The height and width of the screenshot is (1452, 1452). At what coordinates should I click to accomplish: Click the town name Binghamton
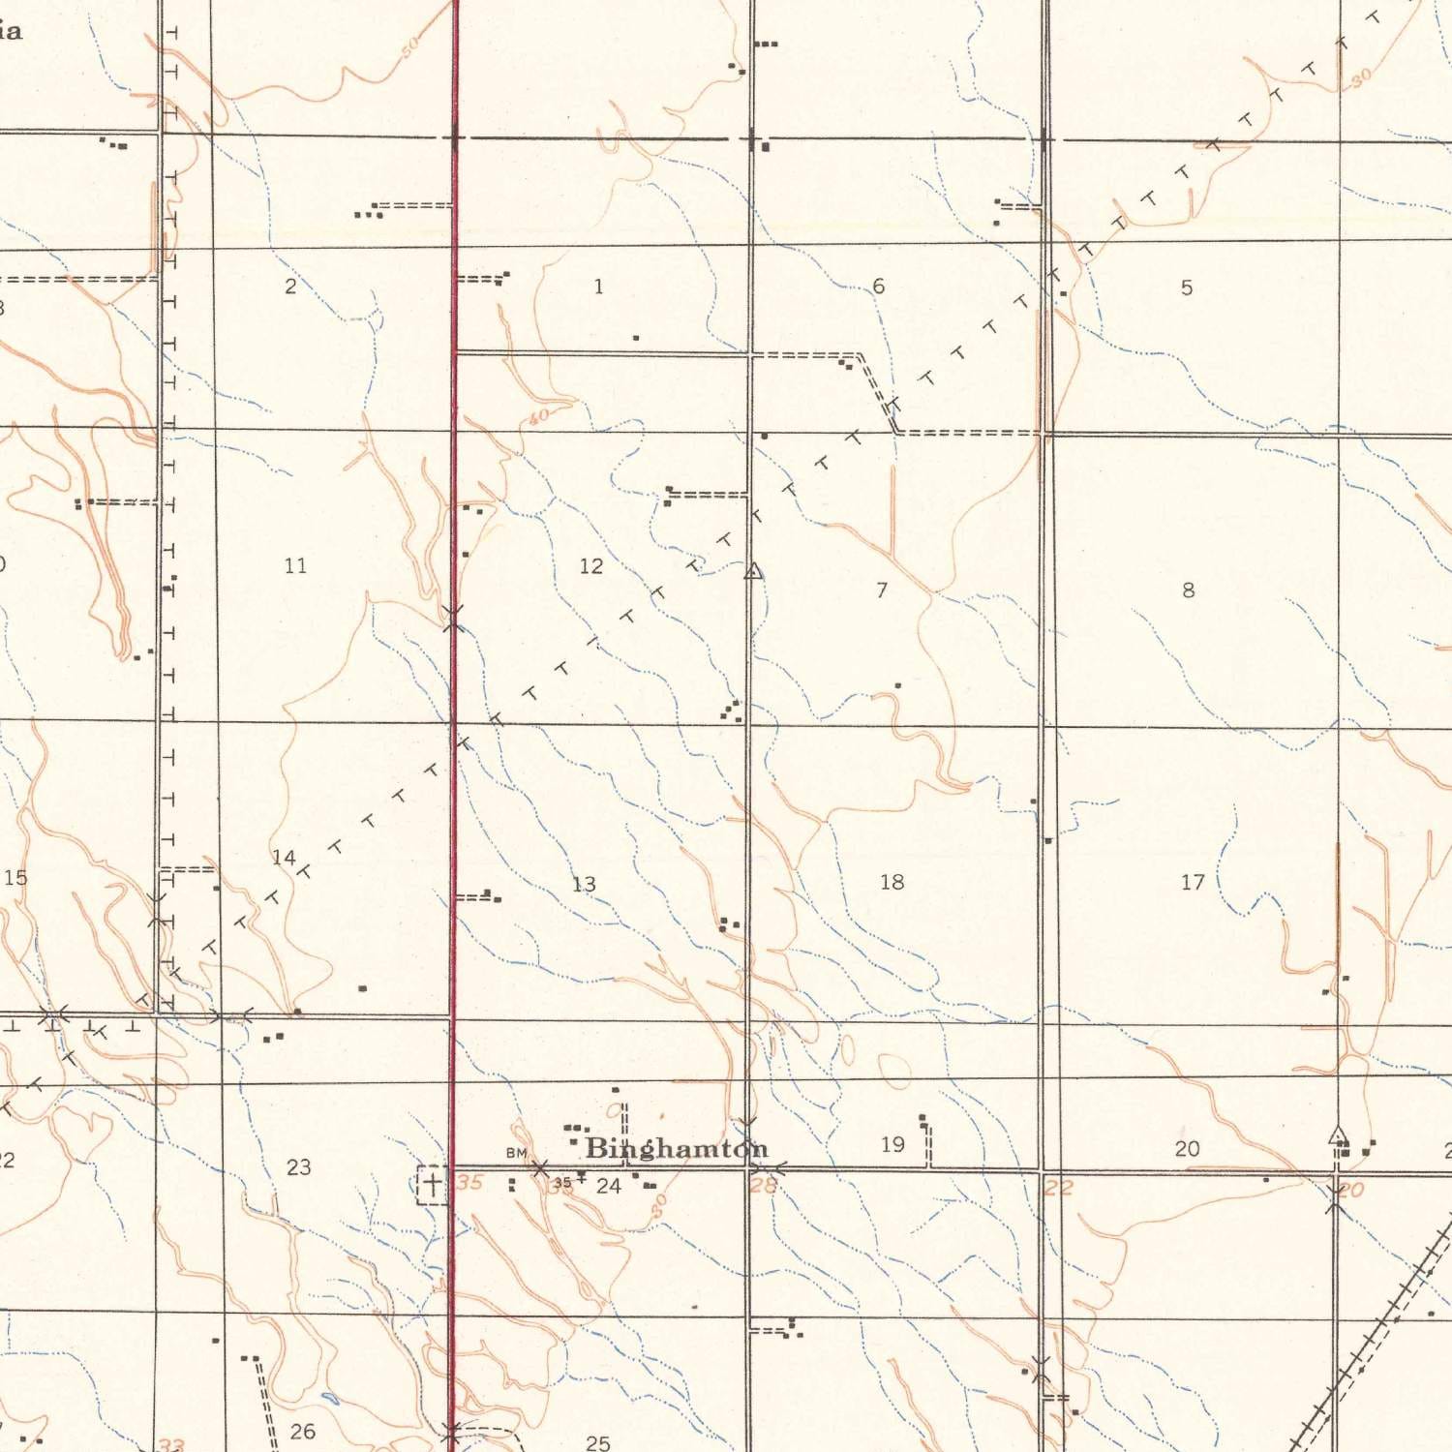click(677, 1149)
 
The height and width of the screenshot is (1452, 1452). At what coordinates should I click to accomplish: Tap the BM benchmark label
click(516, 1153)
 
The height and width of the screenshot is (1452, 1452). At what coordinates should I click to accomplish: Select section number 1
click(598, 287)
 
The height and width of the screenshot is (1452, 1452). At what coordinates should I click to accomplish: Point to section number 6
click(878, 287)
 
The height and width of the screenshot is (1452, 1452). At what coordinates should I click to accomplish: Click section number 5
click(1187, 287)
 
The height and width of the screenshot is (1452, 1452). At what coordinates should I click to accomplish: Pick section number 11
click(295, 565)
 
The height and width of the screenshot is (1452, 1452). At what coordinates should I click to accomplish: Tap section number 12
click(590, 566)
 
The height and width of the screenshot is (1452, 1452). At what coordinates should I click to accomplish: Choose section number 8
click(1189, 590)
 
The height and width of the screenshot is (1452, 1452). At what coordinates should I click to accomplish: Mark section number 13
click(584, 885)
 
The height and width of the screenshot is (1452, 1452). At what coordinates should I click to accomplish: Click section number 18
click(892, 882)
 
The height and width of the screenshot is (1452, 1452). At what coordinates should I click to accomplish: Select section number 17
click(1193, 882)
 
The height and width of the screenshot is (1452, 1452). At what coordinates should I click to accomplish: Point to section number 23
click(299, 1167)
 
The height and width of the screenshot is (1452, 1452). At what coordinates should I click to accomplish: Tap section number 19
click(892, 1145)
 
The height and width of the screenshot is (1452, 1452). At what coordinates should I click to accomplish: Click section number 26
click(303, 1431)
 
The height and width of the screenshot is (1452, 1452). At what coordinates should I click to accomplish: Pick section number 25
click(598, 1443)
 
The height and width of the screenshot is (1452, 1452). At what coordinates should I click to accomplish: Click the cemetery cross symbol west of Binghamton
click(432, 1183)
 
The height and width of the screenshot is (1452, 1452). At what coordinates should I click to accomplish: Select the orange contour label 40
click(538, 416)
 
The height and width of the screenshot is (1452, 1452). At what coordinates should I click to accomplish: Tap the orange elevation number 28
click(763, 1184)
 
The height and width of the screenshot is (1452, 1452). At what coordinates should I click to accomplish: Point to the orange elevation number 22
click(1058, 1188)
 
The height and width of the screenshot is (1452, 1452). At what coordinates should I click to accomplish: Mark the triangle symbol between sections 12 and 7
click(753, 572)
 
